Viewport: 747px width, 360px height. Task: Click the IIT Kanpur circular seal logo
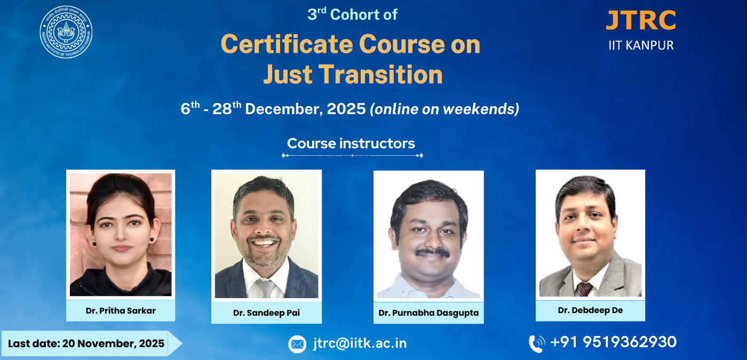tap(66, 32)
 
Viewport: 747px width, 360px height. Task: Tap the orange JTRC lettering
tap(641, 20)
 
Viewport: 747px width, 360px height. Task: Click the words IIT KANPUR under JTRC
tap(641, 45)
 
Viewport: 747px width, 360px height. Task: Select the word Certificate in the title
tap(287, 44)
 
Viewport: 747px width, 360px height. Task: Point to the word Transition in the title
tap(380, 74)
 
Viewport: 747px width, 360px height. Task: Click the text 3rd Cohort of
tap(352, 14)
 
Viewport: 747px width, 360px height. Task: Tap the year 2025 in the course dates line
tap(346, 109)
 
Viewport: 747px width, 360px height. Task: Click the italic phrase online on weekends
tap(444, 109)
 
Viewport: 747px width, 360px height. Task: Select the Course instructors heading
tap(351, 143)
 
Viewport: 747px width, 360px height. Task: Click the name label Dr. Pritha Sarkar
tap(121, 310)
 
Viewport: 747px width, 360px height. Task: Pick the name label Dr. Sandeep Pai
tap(266, 313)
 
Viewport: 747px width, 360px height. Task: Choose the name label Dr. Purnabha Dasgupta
tap(428, 313)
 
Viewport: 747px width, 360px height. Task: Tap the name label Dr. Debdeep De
tap(590, 310)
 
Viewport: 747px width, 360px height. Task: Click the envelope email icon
tap(297, 344)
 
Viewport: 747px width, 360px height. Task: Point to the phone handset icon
tap(537, 344)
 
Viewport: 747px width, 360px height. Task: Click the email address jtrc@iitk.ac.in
tap(360, 343)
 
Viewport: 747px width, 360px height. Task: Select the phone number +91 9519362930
tap(613, 342)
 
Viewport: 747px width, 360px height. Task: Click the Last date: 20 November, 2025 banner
tap(91, 343)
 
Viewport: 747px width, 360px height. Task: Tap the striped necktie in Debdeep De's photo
tap(584, 289)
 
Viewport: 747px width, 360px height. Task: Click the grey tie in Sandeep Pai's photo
tap(266, 288)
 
